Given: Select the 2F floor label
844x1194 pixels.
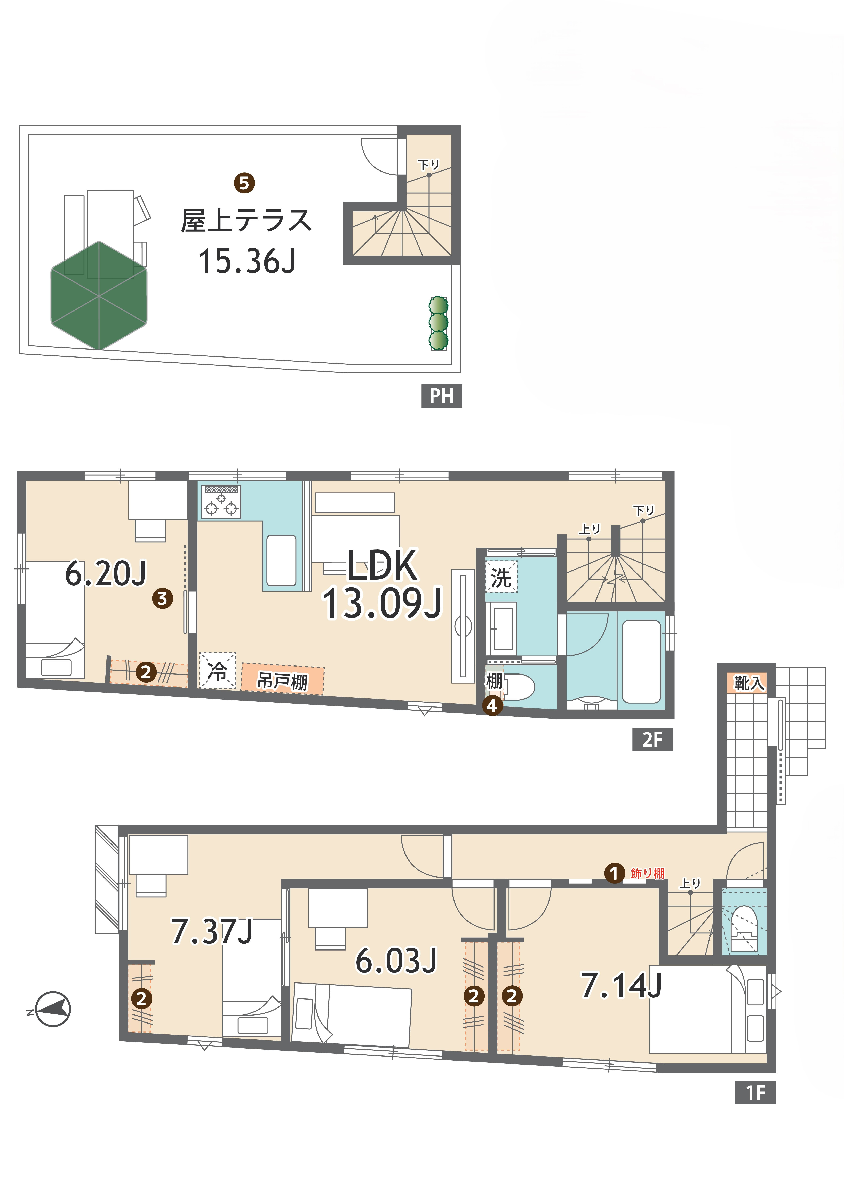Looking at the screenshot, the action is [652, 739].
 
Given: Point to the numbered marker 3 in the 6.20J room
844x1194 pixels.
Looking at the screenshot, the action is [162, 599].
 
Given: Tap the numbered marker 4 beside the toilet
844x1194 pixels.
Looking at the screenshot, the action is [492, 706].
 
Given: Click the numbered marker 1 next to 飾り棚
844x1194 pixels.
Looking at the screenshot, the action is [614, 873].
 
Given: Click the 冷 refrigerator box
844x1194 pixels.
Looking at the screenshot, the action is [218, 670].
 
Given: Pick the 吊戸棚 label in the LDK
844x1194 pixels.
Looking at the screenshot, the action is [283, 680].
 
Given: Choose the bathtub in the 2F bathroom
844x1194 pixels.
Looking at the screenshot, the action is [641, 661].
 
